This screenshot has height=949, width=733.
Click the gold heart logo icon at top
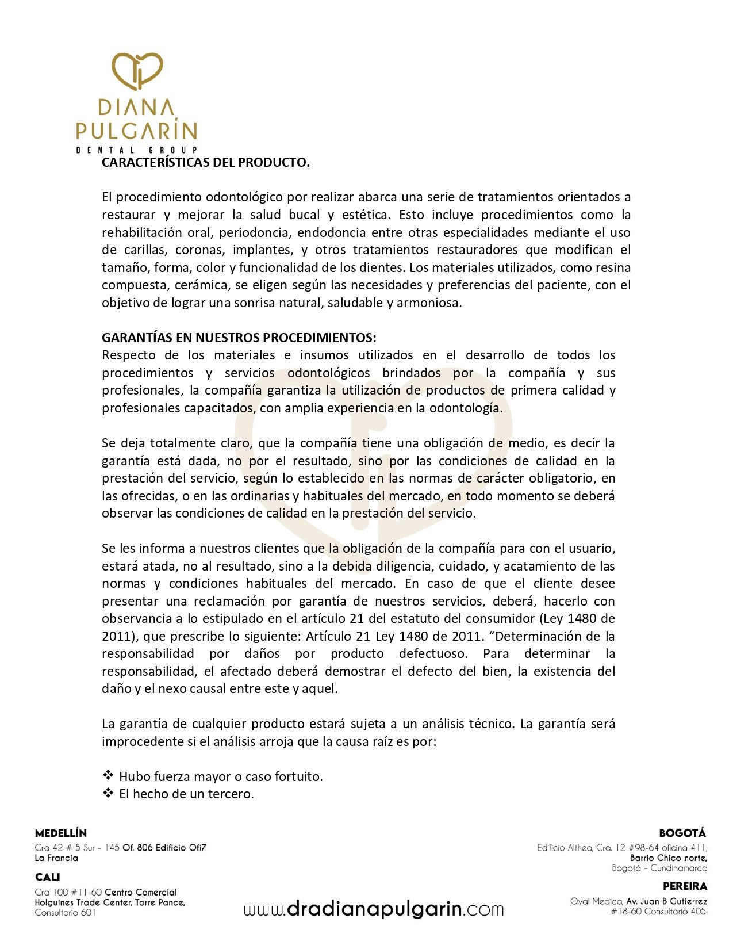[137, 71]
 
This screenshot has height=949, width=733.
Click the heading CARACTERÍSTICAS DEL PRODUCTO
[206, 162]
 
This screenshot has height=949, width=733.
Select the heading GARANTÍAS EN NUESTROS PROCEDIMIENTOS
[239, 338]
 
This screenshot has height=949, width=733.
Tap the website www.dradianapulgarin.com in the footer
[374, 909]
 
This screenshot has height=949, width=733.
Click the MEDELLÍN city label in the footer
[61, 833]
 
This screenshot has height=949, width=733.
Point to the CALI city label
[47, 877]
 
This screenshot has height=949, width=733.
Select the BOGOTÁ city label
[682, 833]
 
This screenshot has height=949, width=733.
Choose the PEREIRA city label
[685, 886]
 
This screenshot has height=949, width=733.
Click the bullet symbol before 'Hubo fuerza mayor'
[108, 775]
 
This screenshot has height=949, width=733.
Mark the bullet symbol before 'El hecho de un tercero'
[108, 793]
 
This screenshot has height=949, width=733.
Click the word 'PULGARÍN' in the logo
[137, 131]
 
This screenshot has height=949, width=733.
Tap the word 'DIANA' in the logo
[136, 108]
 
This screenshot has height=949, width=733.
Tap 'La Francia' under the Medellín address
[56, 858]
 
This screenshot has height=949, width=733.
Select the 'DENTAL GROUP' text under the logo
[137, 150]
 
